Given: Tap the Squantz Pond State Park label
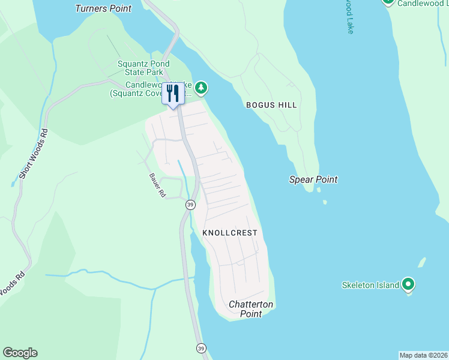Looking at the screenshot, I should (x=140, y=68).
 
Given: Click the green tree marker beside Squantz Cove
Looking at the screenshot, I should (x=202, y=89).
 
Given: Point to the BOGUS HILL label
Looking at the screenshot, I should (x=271, y=105).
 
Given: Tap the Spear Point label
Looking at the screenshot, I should (x=313, y=179).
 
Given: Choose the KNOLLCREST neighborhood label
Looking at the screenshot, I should (x=230, y=233).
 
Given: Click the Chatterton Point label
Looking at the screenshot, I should (x=251, y=309).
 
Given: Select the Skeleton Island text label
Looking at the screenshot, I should (x=370, y=285).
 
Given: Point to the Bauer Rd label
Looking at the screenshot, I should (x=157, y=185).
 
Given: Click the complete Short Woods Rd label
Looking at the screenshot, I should (x=33, y=154).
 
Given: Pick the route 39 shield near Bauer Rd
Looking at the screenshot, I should (x=190, y=205).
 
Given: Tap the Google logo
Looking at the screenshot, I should (x=20, y=353).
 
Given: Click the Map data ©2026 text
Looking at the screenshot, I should (x=423, y=355).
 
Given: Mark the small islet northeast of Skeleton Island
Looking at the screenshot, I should (x=421, y=263).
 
